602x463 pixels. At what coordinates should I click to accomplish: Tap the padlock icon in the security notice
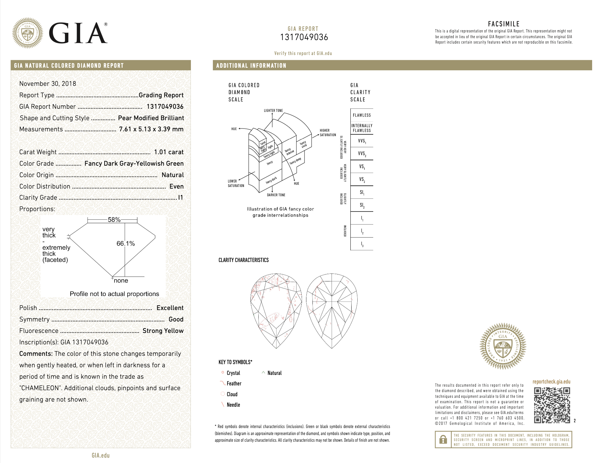(443, 439)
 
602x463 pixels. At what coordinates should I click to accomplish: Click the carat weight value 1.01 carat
(169, 152)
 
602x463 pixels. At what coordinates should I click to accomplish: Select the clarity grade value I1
(180, 197)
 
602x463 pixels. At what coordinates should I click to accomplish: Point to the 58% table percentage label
(114, 220)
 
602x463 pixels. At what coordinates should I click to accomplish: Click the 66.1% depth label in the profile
(125, 244)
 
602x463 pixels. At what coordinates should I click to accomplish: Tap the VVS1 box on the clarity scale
(362, 141)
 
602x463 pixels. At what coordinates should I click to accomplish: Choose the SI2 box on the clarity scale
(362, 205)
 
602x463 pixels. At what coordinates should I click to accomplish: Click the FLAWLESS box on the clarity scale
(362, 115)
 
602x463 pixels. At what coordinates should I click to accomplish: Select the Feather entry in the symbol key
(234, 384)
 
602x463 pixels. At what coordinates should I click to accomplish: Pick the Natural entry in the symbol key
(274, 373)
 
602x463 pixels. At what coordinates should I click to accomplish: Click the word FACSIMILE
(504, 24)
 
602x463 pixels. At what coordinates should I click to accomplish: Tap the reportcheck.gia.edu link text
(551, 382)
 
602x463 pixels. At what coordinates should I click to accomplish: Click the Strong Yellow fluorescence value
(163, 331)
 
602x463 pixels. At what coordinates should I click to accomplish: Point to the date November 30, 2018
(48, 84)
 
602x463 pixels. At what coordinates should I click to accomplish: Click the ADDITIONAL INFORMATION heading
(251, 66)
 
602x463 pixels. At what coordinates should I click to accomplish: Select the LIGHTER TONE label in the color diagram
(273, 111)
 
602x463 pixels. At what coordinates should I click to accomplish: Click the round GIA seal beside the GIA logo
(28, 33)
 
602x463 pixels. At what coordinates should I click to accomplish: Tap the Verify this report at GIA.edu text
(303, 53)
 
